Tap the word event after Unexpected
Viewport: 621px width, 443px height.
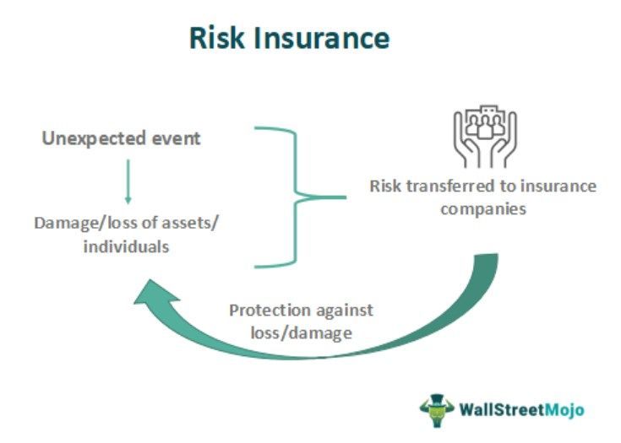click(176, 138)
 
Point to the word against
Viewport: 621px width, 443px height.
click(346, 310)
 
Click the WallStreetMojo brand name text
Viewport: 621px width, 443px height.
click(521, 410)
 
